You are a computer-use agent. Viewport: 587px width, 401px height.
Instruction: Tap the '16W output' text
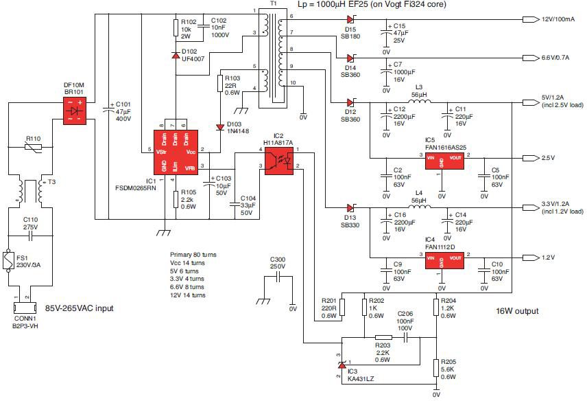pyautogui.click(x=517, y=311)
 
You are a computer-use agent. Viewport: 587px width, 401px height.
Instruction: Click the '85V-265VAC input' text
pyautogui.click(x=79, y=308)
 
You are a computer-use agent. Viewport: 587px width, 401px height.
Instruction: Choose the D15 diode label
pyautogui.click(x=350, y=29)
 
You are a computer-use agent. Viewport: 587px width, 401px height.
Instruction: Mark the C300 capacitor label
pyautogui.click(x=279, y=259)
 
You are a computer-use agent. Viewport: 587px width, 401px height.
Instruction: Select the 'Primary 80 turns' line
pyautogui.click(x=193, y=254)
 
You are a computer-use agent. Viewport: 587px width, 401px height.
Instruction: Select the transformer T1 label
pyautogui.click(x=274, y=4)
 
